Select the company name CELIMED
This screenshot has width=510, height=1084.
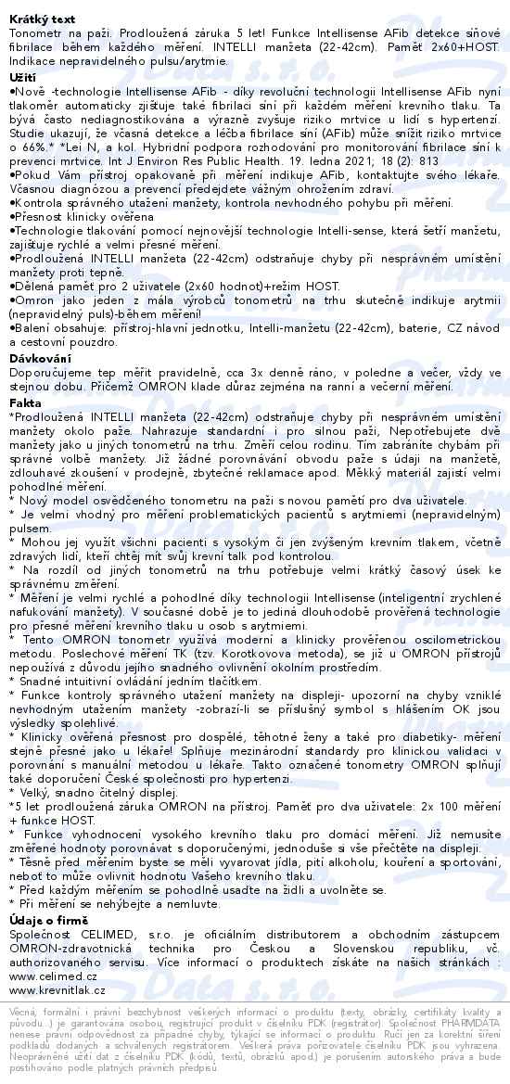[x=113, y=930]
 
